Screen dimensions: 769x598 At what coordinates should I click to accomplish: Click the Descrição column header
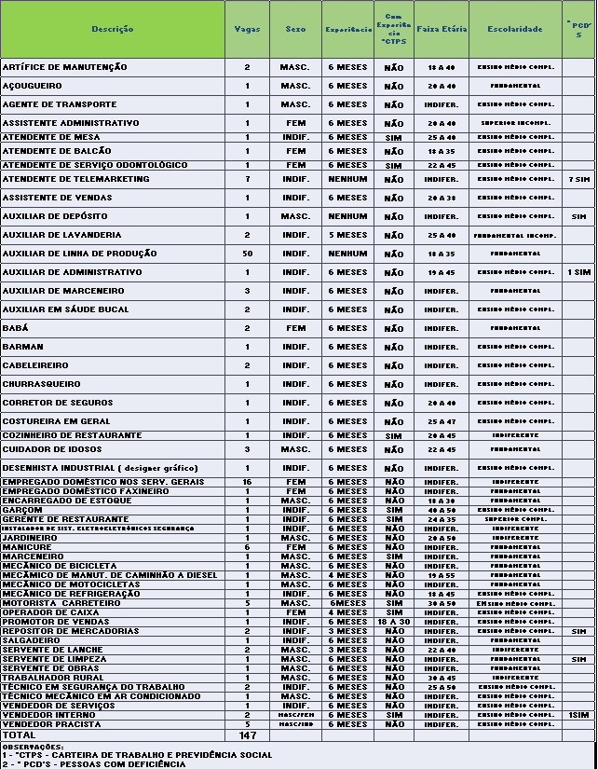112,29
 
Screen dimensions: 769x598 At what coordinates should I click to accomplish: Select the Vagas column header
247,29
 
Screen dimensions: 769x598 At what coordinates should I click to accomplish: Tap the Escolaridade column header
515,29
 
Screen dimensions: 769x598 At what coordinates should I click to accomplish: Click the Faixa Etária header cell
441,29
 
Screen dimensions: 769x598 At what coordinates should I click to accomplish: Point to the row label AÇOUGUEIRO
33,86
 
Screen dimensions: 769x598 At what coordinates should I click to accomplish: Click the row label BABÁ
16,328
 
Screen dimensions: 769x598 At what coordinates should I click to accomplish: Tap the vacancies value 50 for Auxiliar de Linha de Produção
247,254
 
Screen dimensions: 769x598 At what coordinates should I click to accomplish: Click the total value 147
247,735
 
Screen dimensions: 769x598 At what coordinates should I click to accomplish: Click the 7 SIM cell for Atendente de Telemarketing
578,179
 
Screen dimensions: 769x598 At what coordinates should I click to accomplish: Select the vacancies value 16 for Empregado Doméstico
247,482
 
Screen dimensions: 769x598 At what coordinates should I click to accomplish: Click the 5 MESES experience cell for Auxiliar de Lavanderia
347,235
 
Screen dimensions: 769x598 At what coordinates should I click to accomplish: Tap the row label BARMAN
22,347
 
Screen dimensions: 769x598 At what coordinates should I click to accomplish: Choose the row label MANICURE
27,547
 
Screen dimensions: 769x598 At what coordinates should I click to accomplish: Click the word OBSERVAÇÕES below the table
33,747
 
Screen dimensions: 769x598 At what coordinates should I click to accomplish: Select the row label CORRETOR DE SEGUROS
57,403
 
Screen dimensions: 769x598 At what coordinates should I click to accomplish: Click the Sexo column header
295,29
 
